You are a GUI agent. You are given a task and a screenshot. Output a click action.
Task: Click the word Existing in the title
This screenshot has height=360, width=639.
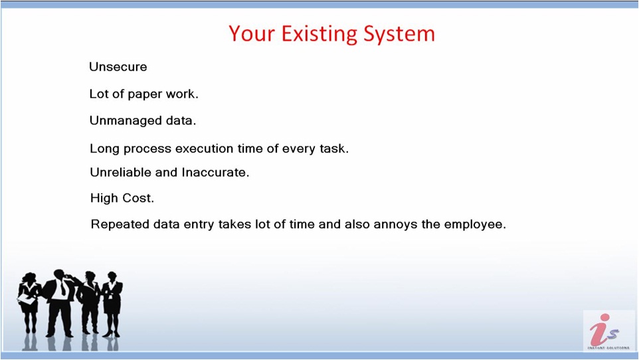coord(319,34)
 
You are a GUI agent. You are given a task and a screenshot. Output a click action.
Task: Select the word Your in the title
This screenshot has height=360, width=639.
coord(252,33)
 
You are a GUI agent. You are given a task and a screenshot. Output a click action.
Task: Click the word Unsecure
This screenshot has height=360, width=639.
coord(118,67)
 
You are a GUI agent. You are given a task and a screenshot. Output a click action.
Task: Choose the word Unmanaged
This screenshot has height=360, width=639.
coord(126,121)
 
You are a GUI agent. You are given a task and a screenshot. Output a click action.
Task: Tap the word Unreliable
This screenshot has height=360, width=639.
coord(121,172)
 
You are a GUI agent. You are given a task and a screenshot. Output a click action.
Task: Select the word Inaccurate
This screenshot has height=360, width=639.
coord(215,172)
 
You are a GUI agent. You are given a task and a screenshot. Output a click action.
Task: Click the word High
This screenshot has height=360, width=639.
coord(103,198)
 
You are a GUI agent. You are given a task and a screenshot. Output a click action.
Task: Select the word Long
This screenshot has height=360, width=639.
coord(104,149)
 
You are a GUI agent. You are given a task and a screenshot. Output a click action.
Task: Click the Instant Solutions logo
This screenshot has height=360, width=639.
coord(608,331)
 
